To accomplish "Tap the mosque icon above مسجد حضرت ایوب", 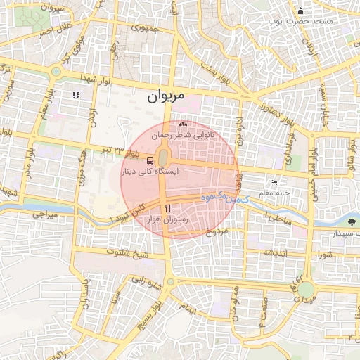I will pos(301,11).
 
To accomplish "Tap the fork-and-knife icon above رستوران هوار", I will pos(167,208).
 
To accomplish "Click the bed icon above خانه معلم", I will pos(274,182).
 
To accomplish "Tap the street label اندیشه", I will pos(277,252).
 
